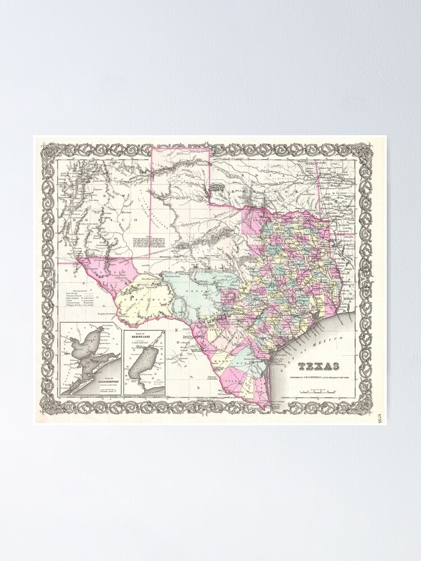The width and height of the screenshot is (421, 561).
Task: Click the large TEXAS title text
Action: pos(318,366)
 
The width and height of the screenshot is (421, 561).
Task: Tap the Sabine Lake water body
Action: pos(141,365)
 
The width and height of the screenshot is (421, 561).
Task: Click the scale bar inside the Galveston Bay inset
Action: pos(107,390)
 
